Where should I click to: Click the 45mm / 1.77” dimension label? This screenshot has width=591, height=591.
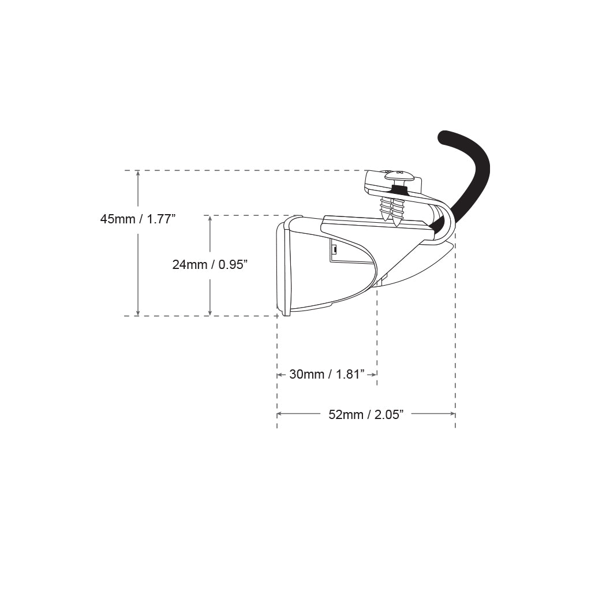pyautogui.click(x=138, y=219)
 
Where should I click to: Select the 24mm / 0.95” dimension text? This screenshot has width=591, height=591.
pyautogui.click(x=210, y=264)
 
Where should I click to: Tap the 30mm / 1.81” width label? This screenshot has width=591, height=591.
pyautogui.click(x=327, y=374)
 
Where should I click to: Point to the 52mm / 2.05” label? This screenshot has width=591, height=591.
pyautogui.click(x=366, y=414)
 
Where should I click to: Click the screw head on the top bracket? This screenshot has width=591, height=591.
pyautogui.click(x=398, y=175)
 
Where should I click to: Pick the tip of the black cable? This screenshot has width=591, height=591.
pyautogui.click(x=444, y=136)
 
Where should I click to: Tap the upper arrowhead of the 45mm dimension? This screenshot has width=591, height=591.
pyautogui.click(x=138, y=173)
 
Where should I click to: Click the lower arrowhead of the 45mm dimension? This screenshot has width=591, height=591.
pyautogui.click(x=138, y=313)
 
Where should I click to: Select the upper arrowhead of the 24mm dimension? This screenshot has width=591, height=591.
pyautogui.click(x=210, y=218)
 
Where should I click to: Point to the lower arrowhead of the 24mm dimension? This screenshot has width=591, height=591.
pyautogui.click(x=210, y=313)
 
